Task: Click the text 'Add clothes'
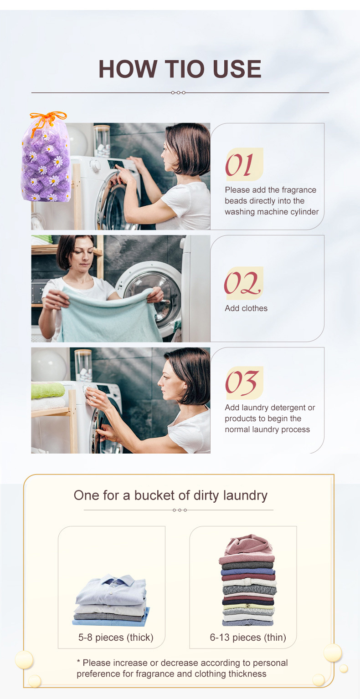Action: (x=246, y=308)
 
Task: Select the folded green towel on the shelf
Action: (x=48, y=390)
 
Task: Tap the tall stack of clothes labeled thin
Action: (x=247, y=581)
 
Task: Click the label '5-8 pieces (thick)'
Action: (x=116, y=638)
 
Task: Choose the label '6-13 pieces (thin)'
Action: (x=248, y=638)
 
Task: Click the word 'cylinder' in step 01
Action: (x=303, y=212)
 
